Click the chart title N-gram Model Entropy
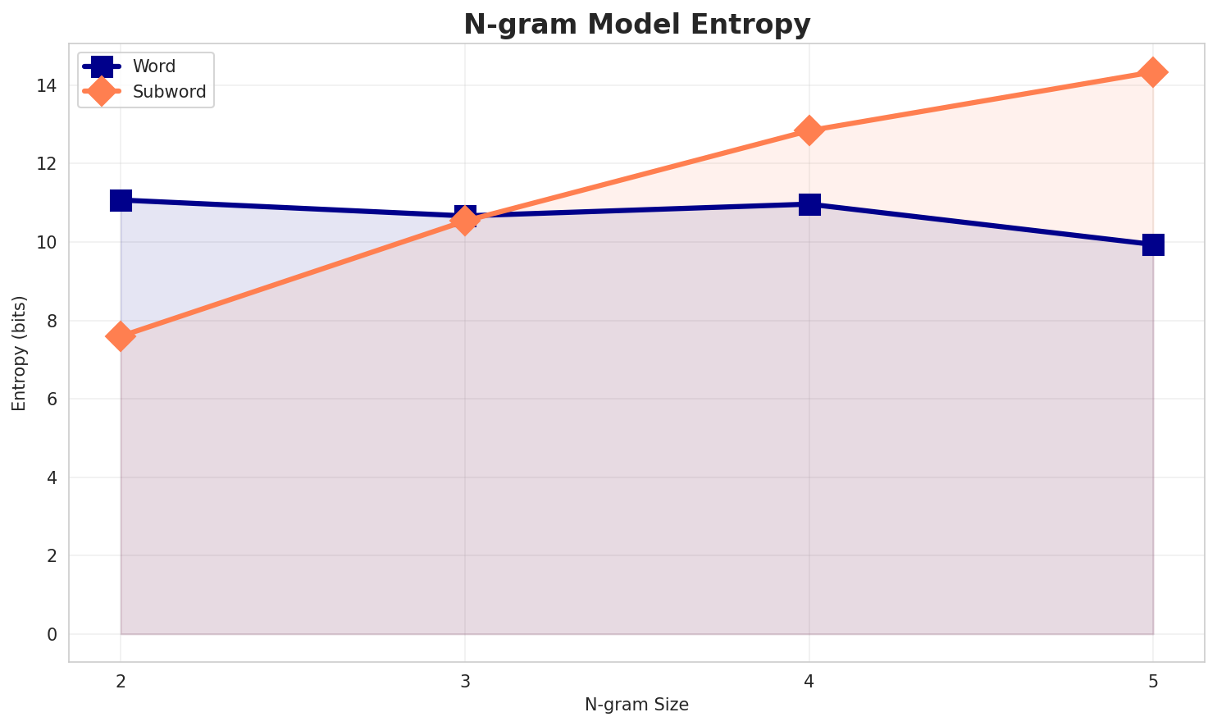pyautogui.click(x=636, y=25)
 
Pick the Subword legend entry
pyautogui.click(x=169, y=92)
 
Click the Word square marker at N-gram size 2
pyautogui.click(x=121, y=200)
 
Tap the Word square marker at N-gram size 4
pyautogui.click(x=809, y=204)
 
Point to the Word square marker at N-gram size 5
pyautogui.click(x=1153, y=244)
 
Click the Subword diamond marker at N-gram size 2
pyautogui.click(x=121, y=336)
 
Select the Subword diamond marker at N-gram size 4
pyautogui.click(x=809, y=130)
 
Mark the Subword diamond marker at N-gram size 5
pyautogui.click(x=1153, y=72)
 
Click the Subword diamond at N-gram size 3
pyautogui.click(x=465, y=221)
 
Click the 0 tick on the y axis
pyautogui.click(x=51, y=634)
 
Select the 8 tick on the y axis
pyautogui.click(x=51, y=321)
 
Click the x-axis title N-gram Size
pyautogui.click(x=636, y=705)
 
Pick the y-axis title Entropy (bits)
pyautogui.click(x=19, y=353)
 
